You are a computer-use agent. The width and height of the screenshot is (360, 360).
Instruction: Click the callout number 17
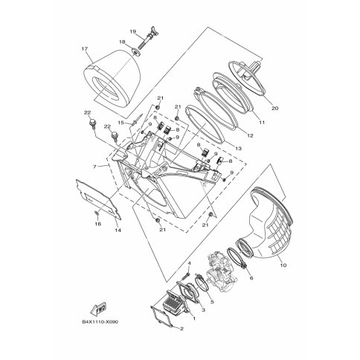[85, 50]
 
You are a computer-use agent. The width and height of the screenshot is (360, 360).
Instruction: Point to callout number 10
[282, 263]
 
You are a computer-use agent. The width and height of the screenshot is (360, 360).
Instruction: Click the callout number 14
[117, 231]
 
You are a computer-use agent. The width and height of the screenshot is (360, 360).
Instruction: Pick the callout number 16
[97, 223]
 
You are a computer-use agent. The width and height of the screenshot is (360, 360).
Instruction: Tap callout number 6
[250, 277]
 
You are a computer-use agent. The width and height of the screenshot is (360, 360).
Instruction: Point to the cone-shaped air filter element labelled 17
[107, 74]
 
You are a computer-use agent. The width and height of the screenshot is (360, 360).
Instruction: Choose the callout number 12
[249, 135]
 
